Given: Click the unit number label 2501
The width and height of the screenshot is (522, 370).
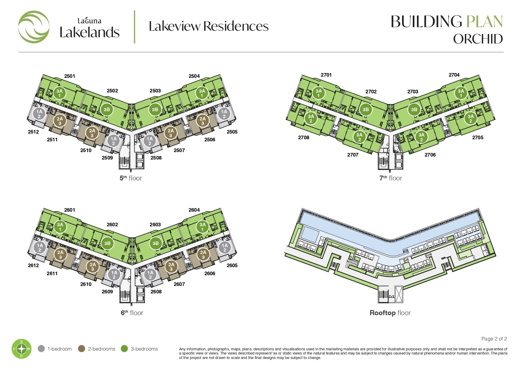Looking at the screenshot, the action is click(70, 76).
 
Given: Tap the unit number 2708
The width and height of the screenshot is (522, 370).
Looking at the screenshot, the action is click(304, 137).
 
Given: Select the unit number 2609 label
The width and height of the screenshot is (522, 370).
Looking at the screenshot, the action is click(107, 292).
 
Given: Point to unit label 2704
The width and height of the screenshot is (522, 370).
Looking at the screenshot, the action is click(454, 75).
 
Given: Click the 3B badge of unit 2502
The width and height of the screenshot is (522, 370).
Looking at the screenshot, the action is click(107, 109).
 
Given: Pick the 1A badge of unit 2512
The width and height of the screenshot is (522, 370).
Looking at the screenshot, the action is click(39, 114).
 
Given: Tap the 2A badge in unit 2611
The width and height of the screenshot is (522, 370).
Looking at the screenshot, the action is click(60, 255).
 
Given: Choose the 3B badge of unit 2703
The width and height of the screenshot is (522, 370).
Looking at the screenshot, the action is click(414, 109).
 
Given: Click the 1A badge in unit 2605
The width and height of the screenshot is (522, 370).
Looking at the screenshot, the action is click(225, 247).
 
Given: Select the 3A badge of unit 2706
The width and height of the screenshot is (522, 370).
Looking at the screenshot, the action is click(421, 137).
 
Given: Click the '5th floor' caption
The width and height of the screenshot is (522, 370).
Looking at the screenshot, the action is click(131, 178).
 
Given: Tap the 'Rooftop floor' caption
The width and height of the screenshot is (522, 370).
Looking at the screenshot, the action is click(390, 313).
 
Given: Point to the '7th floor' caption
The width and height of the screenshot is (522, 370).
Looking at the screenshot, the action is click(391, 178).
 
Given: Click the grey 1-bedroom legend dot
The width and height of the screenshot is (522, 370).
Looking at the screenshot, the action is click(41, 349).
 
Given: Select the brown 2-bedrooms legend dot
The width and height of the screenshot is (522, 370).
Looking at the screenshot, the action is click(82, 349).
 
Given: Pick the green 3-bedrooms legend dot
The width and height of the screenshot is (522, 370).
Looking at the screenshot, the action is click(124, 349).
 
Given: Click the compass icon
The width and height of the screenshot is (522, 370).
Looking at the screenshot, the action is click(21, 349).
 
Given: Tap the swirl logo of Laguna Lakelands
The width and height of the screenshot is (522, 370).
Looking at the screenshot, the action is click(34, 27).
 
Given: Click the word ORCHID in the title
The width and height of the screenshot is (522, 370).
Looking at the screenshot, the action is click(478, 39).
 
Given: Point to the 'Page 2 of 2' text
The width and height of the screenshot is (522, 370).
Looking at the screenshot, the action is click(494, 339).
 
